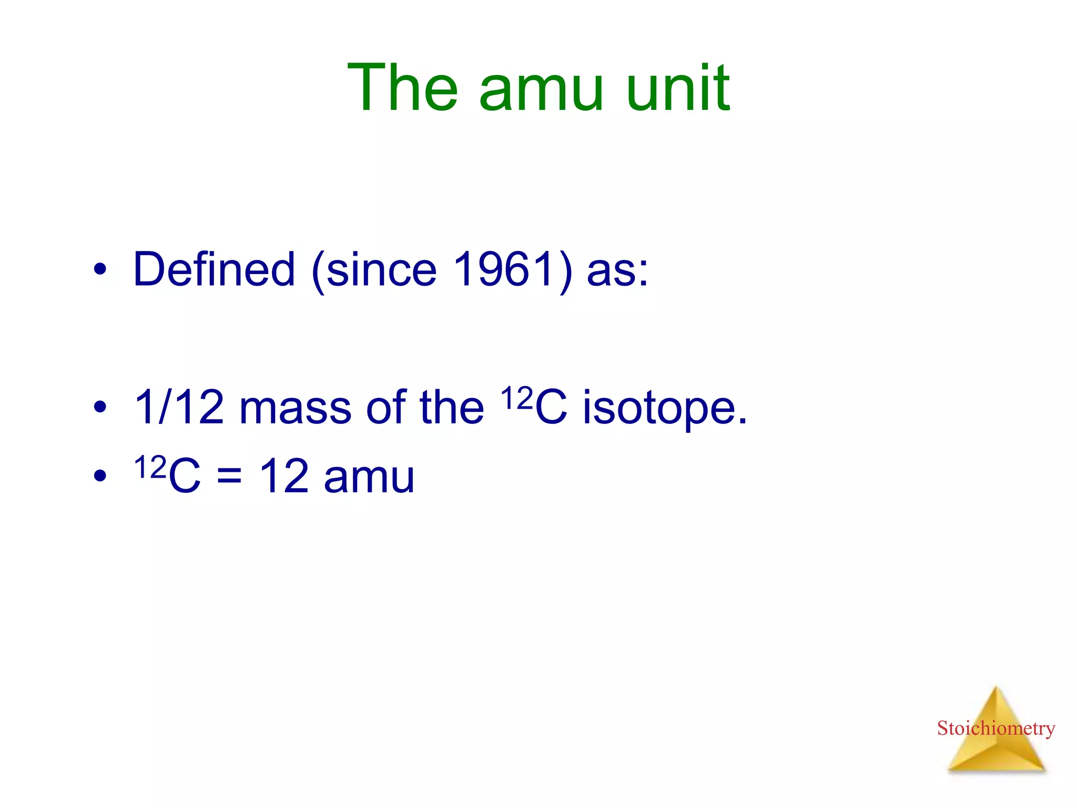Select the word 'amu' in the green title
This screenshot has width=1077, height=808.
click(x=541, y=93)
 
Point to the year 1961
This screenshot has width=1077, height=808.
click(x=504, y=269)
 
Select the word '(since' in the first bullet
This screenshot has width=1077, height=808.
click(x=374, y=270)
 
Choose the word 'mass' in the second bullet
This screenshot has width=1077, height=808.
click(x=295, y=410)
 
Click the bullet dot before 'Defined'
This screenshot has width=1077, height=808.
click(x=100, y=270)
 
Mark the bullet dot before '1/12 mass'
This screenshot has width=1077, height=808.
click(x=100, y=407)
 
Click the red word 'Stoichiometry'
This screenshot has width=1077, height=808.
click(x=995, y=728)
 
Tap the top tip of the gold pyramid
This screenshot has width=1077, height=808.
click(x=995, y=689)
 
